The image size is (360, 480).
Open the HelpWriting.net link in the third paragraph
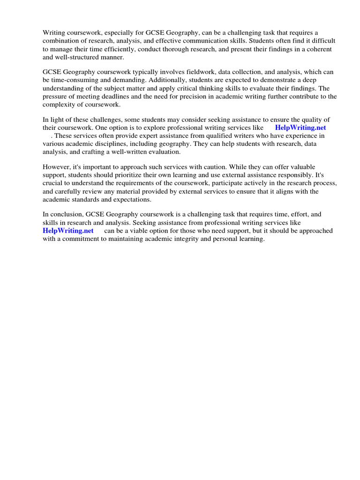coord(300,127)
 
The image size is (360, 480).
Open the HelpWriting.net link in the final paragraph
coord(68,231)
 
